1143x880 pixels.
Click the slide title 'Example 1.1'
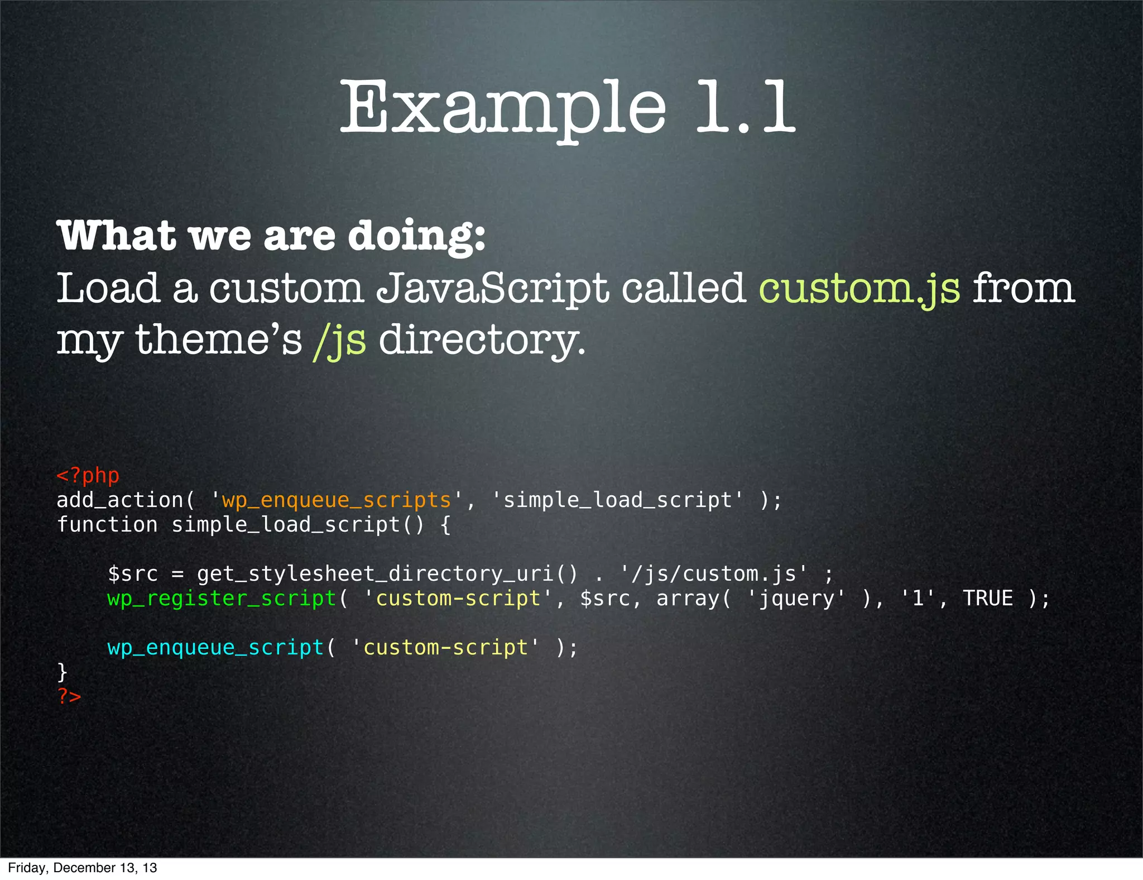567,107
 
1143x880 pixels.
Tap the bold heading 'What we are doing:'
271,236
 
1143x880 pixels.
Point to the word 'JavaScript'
492,289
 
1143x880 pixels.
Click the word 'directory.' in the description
482,340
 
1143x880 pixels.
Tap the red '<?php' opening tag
88,476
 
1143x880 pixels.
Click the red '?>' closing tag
69,696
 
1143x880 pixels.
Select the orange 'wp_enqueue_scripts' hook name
337,500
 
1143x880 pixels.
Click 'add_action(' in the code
126,500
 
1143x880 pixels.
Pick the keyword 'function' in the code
107,525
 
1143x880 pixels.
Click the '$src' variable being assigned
133,574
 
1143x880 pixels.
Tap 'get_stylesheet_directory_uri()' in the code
387,574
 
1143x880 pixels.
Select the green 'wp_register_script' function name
222,599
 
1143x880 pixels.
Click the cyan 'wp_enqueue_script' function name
215,648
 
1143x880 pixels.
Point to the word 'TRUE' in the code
987,599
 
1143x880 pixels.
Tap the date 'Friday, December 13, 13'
83,868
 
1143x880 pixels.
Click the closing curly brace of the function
63,672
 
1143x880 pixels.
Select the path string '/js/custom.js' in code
714,574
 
